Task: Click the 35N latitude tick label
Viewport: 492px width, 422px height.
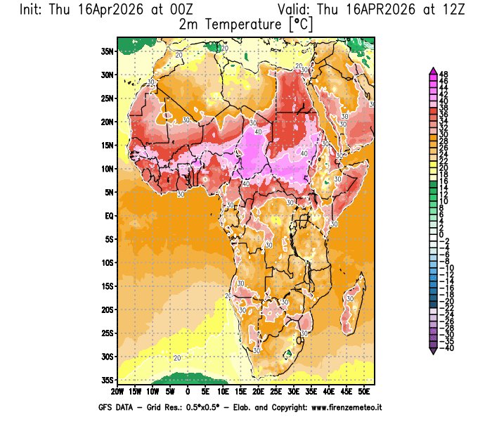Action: (107, 51)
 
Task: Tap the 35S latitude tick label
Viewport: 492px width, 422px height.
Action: (107, 380)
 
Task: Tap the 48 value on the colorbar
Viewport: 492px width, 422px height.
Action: (444, 74)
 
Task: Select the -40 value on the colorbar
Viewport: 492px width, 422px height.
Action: (445, 347)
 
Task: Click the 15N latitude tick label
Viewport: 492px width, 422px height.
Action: (107, 145)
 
